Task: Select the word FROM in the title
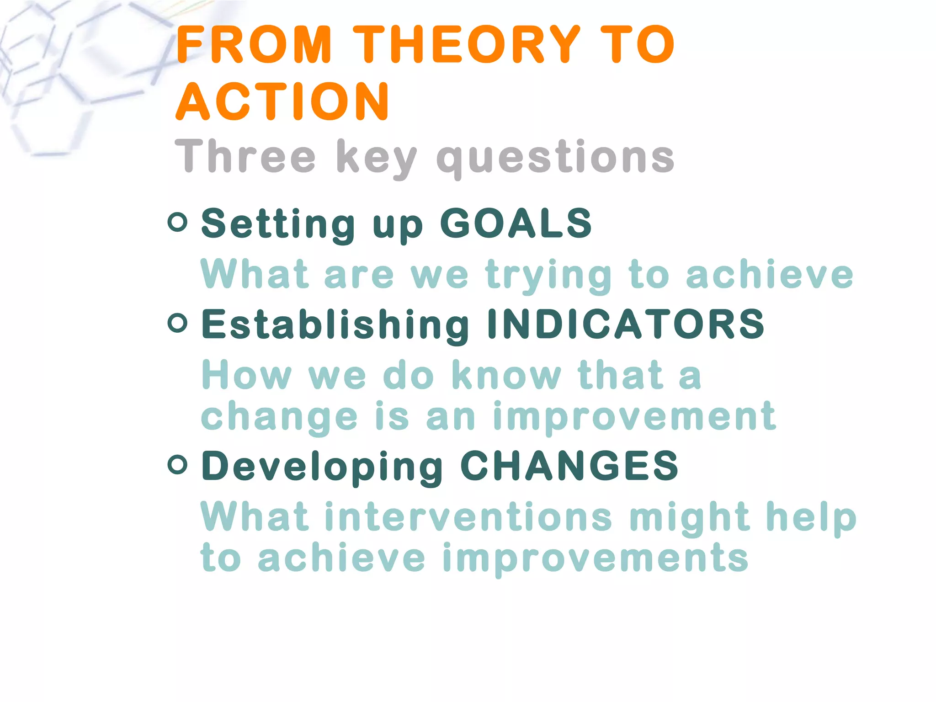(x=254, y=44)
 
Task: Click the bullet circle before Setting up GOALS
(x=177, y=223)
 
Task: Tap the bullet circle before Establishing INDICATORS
(x=177, y=323)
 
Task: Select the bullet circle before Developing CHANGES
(x=177, y=465)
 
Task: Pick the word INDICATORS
(x=626, y=324)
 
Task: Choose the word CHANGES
(x=569, y=466)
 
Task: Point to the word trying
(x=548, y=276)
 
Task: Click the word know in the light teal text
(x=506, y=376)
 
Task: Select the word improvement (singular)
(x=634, y=417)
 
